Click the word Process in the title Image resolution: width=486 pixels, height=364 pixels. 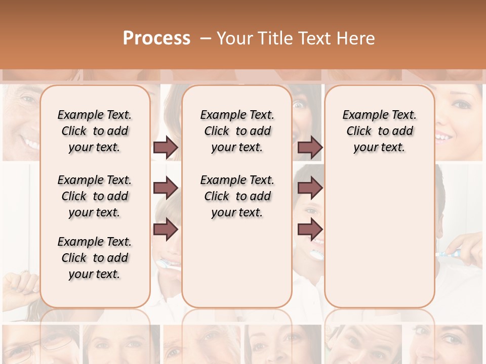156,38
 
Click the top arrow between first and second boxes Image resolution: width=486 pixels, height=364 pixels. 166,148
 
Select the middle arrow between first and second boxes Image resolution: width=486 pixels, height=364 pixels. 166,189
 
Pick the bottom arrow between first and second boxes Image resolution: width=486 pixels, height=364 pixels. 166,229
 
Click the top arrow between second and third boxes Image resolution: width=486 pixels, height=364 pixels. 310,148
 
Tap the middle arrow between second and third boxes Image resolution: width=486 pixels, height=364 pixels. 310,189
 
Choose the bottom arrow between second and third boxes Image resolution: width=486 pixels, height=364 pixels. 310,229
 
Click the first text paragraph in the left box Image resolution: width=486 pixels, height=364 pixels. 95,131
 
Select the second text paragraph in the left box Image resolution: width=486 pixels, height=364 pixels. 95,196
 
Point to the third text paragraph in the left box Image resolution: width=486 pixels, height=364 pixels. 95,258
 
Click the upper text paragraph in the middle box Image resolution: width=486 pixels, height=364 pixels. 237,131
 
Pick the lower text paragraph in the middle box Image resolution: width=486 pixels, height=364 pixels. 237,196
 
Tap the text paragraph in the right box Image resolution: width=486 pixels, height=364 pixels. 379,131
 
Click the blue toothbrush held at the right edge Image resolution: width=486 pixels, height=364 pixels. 450,253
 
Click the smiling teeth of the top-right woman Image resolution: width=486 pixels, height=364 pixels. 444,136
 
